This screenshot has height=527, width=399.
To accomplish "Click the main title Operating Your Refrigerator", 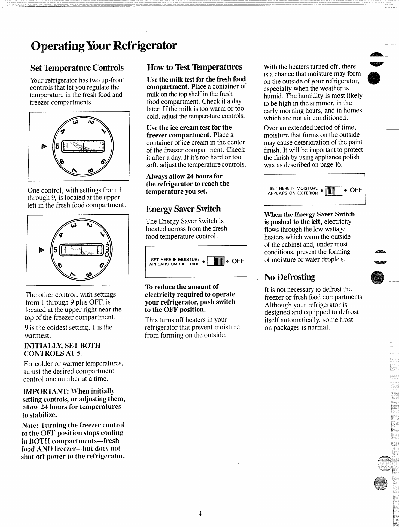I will pyautogui.click(x=103, y=46).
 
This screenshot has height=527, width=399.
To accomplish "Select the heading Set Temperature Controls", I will pyautogui.click(x=77, y=68).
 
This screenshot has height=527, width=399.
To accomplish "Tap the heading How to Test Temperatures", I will pyautogui.click(x=195, y=67).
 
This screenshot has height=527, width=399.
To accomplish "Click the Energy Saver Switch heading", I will pyautogui.click(x=183, y=209).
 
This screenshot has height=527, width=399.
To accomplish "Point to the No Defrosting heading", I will pyautogui.click(x=290, y=277).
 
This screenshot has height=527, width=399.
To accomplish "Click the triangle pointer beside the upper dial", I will pyautogui.click(x=43, y=146).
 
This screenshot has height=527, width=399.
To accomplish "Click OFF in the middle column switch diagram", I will pyautogui.click(x=238, y=261).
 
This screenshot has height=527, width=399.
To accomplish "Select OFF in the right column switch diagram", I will pyautogui.click(x=356, y=190).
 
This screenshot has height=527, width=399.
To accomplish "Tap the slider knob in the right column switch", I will pyautogui.click(x=330, y=191).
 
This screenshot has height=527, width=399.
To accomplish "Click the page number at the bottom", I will pyautogui.click(x=200, y=514).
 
